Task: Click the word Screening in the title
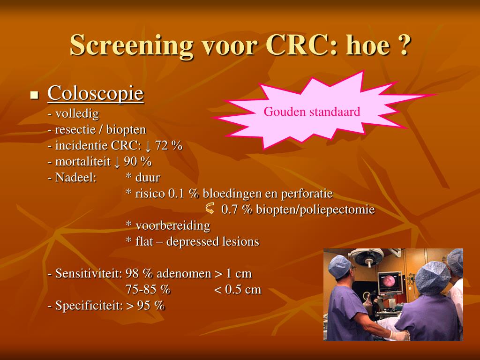[x=132, y=45]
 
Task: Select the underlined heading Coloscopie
[x=96, y=93]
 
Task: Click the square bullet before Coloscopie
[x=35, y=95]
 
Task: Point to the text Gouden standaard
[x=312, y=112]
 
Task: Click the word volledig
[x=77, y=114]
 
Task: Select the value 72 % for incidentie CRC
[x=168, y=145]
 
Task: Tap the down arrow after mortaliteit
[x=117, y=162]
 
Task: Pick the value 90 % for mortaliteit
[x=137, y=161]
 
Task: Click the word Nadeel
[x=76, y=177]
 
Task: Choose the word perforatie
[x=307, y=194]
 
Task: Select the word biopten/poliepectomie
[x=315, y=210]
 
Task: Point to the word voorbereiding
[x=173, y=225]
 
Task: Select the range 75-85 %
[x=148, y=289]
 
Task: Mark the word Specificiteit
[x=89, y=306]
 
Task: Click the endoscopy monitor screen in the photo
[x=390, y=281]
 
